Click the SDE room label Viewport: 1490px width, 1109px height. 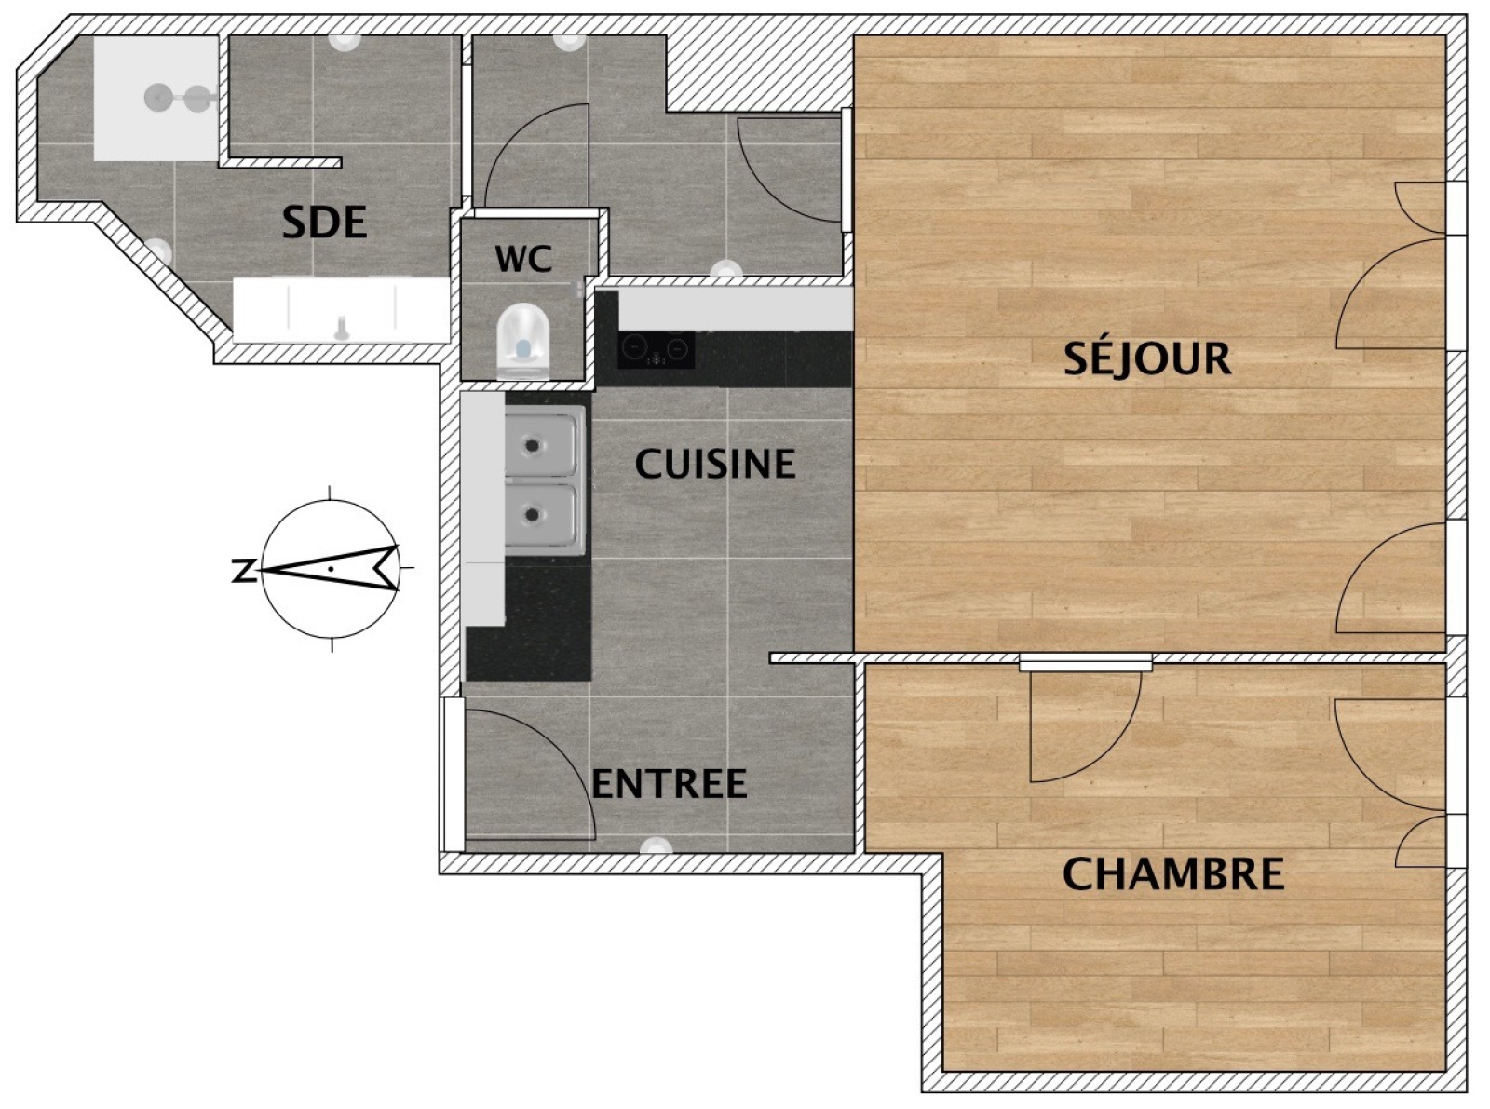[x=324, y=223]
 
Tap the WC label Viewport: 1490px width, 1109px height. [x=523, y=259]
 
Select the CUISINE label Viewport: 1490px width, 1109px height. [x=715, y=464]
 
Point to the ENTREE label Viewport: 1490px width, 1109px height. [x=669, y=783]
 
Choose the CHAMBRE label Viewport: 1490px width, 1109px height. [x=1173, y=873]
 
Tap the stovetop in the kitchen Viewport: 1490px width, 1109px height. [x=657, y=349]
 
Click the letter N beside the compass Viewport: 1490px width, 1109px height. [x=243, y=570]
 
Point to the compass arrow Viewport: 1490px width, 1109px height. [x=329, y=568]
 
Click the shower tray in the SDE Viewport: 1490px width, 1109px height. [x=156, y=99]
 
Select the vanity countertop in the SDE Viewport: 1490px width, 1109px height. [x=341, y=310]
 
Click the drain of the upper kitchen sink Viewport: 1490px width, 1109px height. [x=534, y=445]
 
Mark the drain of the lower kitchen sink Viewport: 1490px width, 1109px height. [x=534, y=516]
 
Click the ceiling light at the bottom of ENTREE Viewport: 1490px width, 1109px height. [x=657, y=845]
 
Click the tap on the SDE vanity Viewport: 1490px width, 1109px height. [x=342, y=328]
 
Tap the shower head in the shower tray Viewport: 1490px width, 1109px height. [x=158, y=98]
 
